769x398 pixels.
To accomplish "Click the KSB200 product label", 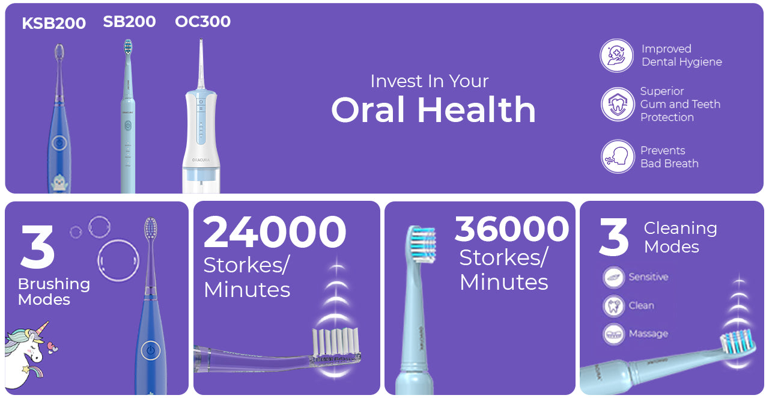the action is tap(54, 23).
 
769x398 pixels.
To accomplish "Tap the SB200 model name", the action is tap(129, 22).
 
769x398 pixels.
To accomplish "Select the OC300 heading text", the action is tap(202, 21).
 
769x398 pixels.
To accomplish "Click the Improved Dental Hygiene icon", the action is tap(616, 55).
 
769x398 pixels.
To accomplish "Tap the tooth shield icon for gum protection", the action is tap(618, 104).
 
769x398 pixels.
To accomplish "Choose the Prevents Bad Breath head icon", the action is tap(618, 156).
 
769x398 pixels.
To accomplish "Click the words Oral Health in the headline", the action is tap(433, 109).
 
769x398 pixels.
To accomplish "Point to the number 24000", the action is tap(275, 231).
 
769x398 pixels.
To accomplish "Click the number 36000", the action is tap(512, 228).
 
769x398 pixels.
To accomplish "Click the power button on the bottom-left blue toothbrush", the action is tap(150, 351).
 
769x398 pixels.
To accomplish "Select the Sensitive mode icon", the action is tap(613, 277).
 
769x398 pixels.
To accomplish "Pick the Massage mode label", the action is tap(648, 334).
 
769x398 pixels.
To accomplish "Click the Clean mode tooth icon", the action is tap(613, 305).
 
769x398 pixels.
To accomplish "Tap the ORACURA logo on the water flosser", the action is tap(201, 160).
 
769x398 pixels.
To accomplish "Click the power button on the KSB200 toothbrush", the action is tap(59, 142).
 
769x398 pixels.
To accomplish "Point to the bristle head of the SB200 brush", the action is tap(128, 47).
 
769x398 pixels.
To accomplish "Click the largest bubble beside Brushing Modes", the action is tap(118, 261).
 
